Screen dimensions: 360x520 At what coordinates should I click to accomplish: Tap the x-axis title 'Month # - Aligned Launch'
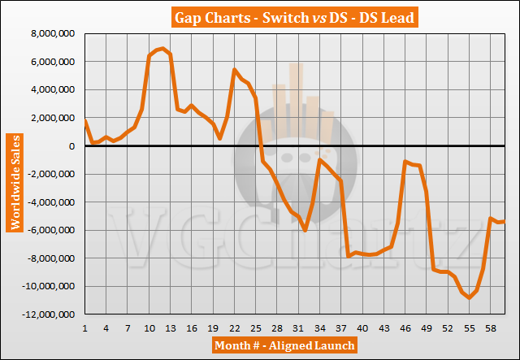[284, 345]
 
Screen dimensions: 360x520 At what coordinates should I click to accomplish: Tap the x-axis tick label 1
[85, 328]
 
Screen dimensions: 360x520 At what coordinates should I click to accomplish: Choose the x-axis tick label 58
[491, 328]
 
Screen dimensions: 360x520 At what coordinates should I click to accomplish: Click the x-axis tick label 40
[362, 328]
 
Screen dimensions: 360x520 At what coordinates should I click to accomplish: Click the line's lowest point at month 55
[470, 298]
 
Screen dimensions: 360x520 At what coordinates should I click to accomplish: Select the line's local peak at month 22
[235, 70]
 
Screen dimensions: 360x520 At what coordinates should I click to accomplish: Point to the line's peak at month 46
[405, 162]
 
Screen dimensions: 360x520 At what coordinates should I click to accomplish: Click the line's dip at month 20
[220, 139]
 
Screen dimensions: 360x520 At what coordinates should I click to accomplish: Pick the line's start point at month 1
[85, 121]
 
